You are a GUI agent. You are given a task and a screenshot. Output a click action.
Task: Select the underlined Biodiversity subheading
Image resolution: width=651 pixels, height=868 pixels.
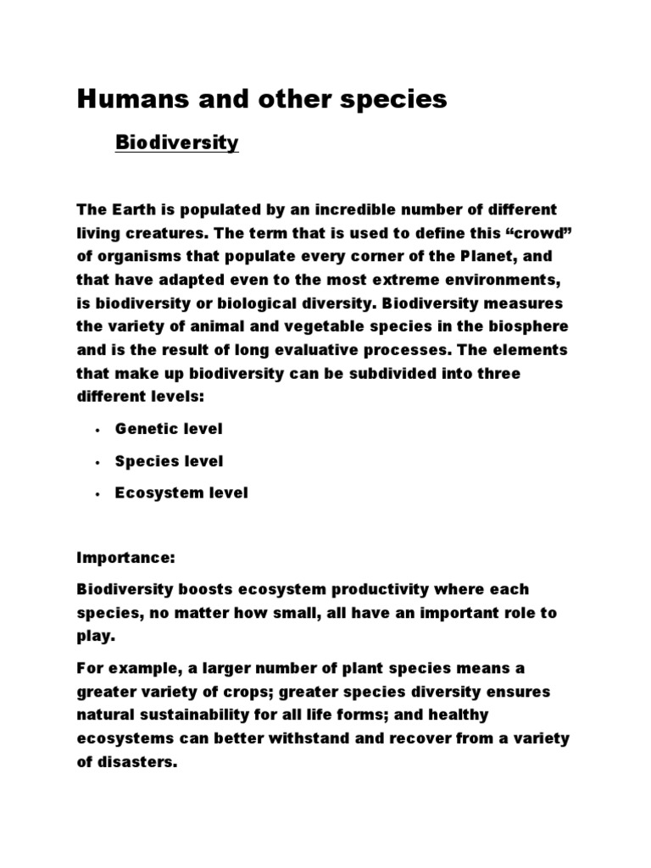pyautogui.click(x=177, y=142)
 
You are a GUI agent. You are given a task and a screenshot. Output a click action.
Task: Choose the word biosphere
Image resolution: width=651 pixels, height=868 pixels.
pyautogui.click(x=519, y=327)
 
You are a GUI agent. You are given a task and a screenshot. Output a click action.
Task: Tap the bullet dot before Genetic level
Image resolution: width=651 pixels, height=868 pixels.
pyautogui.click(x=98, y=431)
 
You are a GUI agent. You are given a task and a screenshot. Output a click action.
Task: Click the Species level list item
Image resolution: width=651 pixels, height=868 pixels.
pyautogui.click(x=170, y=461)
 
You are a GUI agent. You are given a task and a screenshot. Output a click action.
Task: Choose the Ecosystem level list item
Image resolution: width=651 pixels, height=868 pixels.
pyautogui.click(x=181, y=492)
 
